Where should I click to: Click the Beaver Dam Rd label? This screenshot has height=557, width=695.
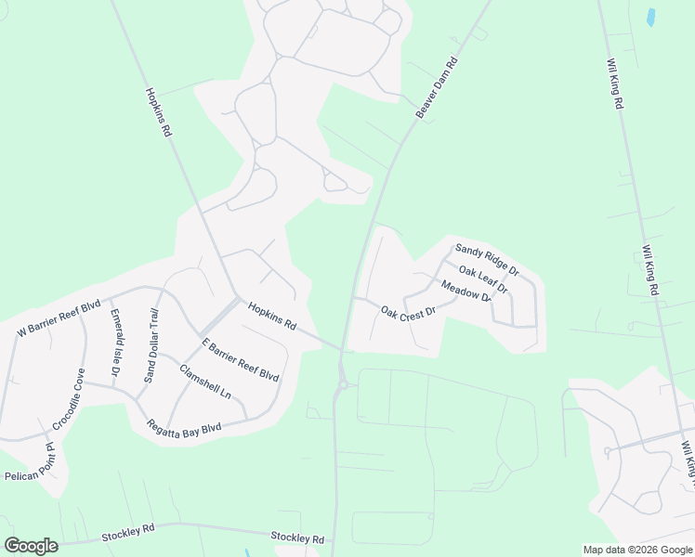coord(438,89)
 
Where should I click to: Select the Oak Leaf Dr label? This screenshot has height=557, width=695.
coord(483,279)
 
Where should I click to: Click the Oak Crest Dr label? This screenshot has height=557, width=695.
coord(408,313)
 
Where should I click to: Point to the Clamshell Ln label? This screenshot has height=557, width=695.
coord(205,381)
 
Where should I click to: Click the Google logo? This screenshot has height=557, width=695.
coord(31,546)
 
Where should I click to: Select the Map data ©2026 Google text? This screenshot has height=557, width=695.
coord(637,550)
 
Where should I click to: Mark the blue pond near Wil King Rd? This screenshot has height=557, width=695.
coord(650,16)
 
